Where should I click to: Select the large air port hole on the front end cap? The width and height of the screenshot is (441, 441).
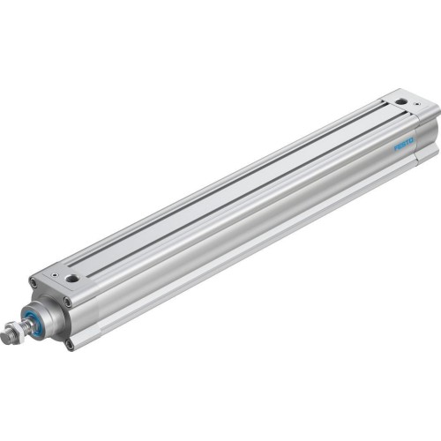pos(72,278)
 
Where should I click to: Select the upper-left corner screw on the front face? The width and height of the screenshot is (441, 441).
pos(34,282)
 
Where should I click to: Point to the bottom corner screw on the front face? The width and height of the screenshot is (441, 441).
pos(70,344)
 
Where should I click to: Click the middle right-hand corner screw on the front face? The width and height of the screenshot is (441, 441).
pos(68,302)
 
